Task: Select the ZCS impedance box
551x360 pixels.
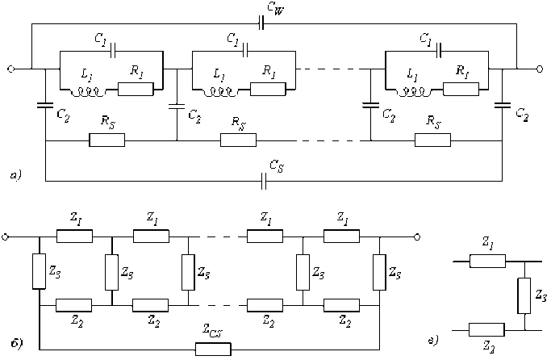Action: click(x=214, y=349)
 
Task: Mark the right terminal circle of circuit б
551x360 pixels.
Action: click(x=416, y=237)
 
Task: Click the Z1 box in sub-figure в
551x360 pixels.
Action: click(x=488, y=262)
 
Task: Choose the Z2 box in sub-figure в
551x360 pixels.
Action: click(x=488, y=329)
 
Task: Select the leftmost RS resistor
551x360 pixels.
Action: click(x=106, y=140)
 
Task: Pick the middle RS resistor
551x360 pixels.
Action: click(x=239, y=140)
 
